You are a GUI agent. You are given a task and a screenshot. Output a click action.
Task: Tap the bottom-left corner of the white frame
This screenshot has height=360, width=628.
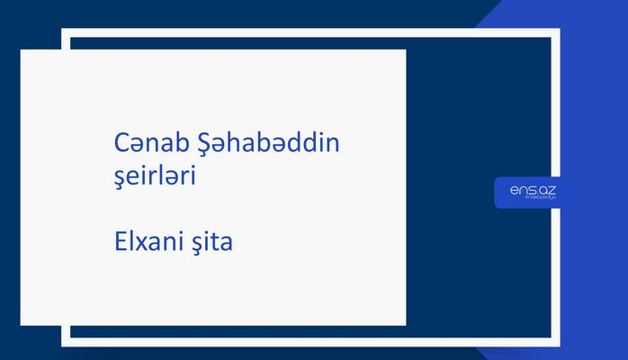coord(66,342)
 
